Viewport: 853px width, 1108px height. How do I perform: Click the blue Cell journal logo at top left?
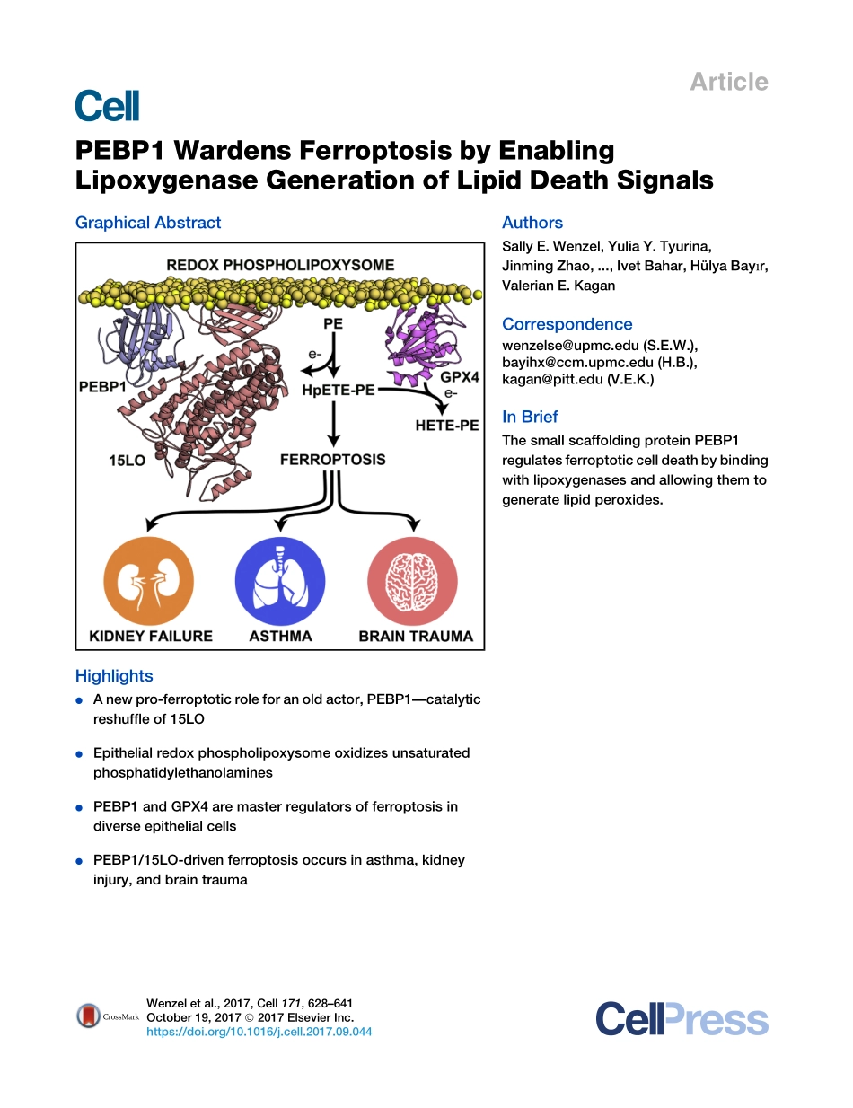pyautogui.click(x=107, y=106)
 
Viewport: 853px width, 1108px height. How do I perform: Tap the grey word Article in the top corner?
pyautogui.click(x=728, y=82)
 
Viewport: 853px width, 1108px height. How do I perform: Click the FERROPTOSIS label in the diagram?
pyautogui.click(x=332, y=459)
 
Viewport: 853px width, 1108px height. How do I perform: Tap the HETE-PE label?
pyautogui.click(x=446, y=426)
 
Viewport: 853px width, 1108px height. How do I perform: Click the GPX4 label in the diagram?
pyautogui.click(x=460, y=378)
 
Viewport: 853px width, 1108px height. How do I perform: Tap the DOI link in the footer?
pyautogui.click(x=259, y=1032)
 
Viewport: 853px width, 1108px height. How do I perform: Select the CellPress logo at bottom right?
pyautogui.click(x=682, y=1020)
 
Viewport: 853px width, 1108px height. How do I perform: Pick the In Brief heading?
pyautogui.click(x=530, y=417)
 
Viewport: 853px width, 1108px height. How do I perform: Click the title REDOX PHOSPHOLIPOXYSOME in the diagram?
pyautogui.click(x=279, y=265)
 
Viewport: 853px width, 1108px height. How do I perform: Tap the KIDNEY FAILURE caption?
pyautogui.click(x=151, y=636)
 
